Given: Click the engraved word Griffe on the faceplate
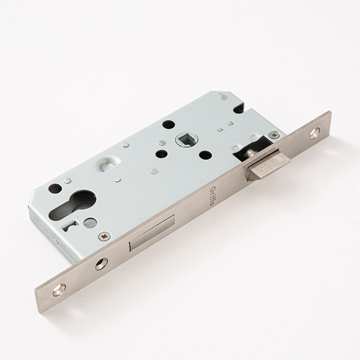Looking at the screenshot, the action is click(212, 196).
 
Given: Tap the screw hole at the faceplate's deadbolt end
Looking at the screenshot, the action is click(59, 290).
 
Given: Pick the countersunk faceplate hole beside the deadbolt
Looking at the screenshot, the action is click(101, 264).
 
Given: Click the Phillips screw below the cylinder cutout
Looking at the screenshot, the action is click(104, 236).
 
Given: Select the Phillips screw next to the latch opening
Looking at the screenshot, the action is click(274, 135).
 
